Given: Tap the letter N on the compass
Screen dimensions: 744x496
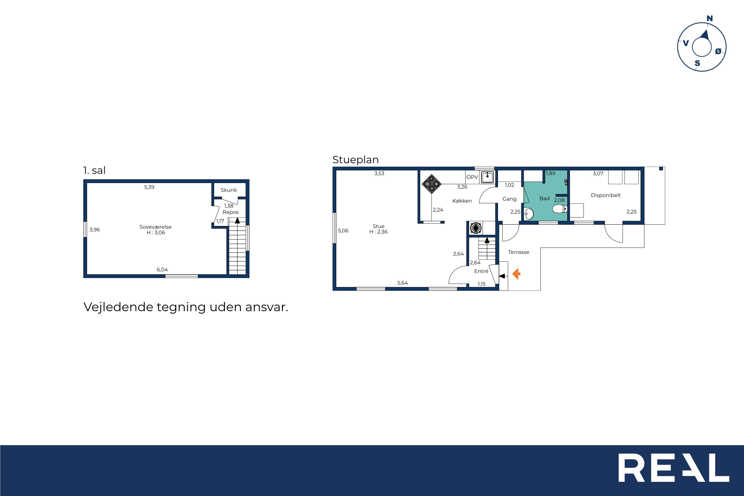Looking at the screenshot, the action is pyautogui.click(x=710, y=19).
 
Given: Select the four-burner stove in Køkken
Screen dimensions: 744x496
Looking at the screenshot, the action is pyautogui.click(x=432, y=184).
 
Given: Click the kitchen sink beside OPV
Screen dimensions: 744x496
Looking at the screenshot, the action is pyautogui.click(x=488, y=177).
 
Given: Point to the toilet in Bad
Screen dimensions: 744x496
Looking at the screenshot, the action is pyautogui.click(x=560, y=209).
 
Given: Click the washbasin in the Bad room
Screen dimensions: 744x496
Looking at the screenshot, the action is pyautogui.click(x=528, y=214).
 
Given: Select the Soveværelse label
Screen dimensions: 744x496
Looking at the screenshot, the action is pyautogui.click(x=155, y=227).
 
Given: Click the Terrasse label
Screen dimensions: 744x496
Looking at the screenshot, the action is pyautogui.click(x=519, y=252).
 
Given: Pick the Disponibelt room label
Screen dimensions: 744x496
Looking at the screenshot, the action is pyautogui.click(x=606, y=195).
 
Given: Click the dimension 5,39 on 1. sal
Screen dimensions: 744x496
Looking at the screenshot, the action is pyautogui.click(x=149, y=187).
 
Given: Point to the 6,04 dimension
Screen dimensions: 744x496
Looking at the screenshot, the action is pyautogui.click(x=162, y=270).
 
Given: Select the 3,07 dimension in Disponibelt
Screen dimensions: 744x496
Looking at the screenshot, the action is pyautogui.click(x=598, y=173).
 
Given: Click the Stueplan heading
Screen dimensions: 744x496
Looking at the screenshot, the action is pyautogui.click(x=356, y=160).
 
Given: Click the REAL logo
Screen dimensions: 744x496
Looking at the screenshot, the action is pyautogui.click(x=674, y=468).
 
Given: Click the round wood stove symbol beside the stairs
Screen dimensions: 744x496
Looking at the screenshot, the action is pyautogui.click(x=476, y=228).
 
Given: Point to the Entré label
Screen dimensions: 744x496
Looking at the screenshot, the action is pyautogui.click(x=481, y=271).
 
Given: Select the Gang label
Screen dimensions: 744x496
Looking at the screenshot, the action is pyautogui.click(x=509, y=199).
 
